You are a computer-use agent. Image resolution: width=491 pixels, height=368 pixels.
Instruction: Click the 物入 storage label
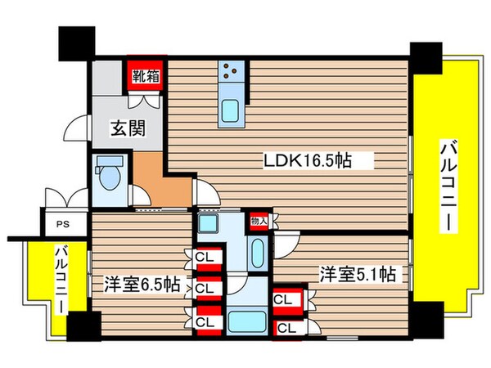(259, 221)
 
